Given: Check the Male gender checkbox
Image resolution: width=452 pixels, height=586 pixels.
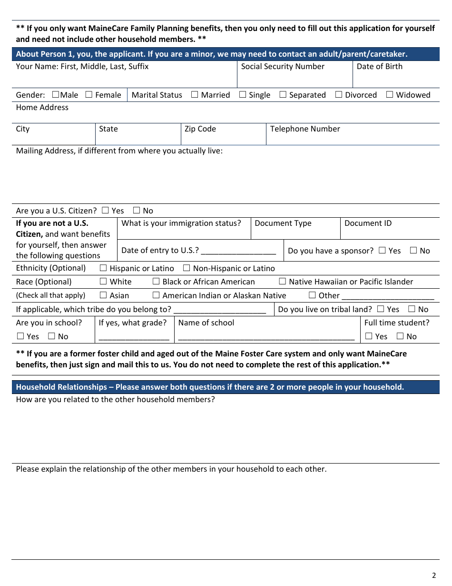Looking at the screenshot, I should pyautogui.click(x=55, y=94).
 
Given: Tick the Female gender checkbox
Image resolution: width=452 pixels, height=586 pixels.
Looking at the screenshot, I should pyautogui.click(x=89, y=94).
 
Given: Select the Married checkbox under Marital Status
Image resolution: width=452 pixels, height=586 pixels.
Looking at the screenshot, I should pyautogui.click(x=195, y=94).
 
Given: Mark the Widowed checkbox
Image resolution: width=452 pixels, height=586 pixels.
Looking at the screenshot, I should pyautogui.click(x=390, y=94).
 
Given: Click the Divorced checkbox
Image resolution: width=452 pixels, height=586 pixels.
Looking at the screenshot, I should pyautogui.click(x=339, y=94).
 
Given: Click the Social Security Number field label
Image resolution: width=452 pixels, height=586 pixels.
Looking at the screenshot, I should pyautogui.click(x=283, y=67).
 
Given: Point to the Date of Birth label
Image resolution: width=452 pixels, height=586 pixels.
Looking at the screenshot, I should pyautogui.click(x=379, y=67).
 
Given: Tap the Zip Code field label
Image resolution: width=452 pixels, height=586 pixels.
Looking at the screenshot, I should pyautogui.click(x=200, y=129).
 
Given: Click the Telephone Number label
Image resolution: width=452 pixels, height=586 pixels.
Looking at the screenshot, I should pyautogui.click(x=305, y=129).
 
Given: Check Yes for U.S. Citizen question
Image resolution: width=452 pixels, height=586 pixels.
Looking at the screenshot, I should pyautogui.click(x=105, y=210).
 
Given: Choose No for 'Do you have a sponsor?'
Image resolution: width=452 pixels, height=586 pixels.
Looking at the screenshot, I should pyautogui.click(x=413, y=250).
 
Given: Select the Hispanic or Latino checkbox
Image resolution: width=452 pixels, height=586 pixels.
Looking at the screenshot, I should pyautogui.click(x=103, y=268).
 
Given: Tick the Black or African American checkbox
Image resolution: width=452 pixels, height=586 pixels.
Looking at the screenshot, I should pyautogui.click(x=156, y=282).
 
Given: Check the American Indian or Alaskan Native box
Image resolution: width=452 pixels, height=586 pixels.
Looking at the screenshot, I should pyautogui.click(x=156, y=295).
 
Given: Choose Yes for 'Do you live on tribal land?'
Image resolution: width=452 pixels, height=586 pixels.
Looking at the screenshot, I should pyautogui.click(x=380, y=309).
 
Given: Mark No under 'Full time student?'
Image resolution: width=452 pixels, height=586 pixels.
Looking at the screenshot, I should pyautogui.click(x=400, y=336).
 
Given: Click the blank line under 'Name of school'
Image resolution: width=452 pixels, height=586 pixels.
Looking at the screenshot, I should pyautogui.click(x=266, y=337).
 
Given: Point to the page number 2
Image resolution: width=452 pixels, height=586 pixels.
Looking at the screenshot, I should pyautogui.click(x=433, y=575).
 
